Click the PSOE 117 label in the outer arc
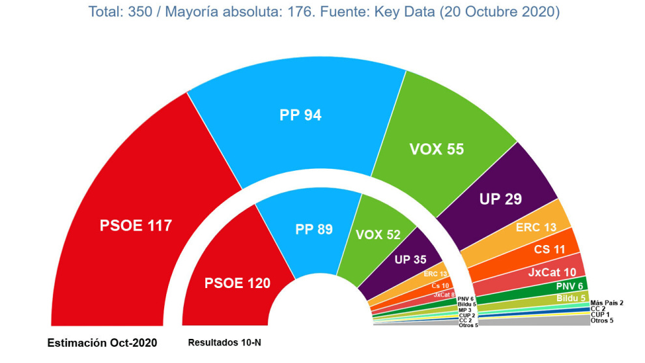pos(136,225)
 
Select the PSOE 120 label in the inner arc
pos(237,283)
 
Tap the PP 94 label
pos(301,115)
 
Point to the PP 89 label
pos(314,229)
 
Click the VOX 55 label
pos(437,149)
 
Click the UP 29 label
pos(500,199)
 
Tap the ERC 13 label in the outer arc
pos(536,227)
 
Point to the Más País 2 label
pos(606,302)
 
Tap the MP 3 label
pos(465,310)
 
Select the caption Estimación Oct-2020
pos(102,343)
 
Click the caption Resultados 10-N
pos(224,342)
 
